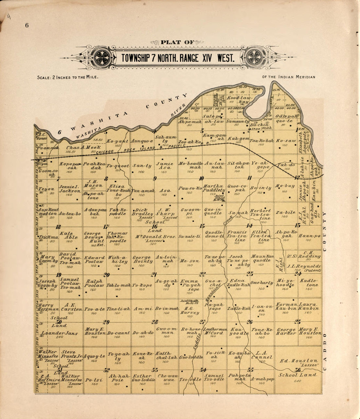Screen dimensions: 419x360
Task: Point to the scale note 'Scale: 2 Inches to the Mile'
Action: pos(68,78)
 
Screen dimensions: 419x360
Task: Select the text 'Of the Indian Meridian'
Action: pos(289,77)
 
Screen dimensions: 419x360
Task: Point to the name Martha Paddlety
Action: pos(214,188)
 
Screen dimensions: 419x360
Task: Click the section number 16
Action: pos(154,226)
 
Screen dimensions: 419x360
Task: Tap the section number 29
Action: pos(106,322)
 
